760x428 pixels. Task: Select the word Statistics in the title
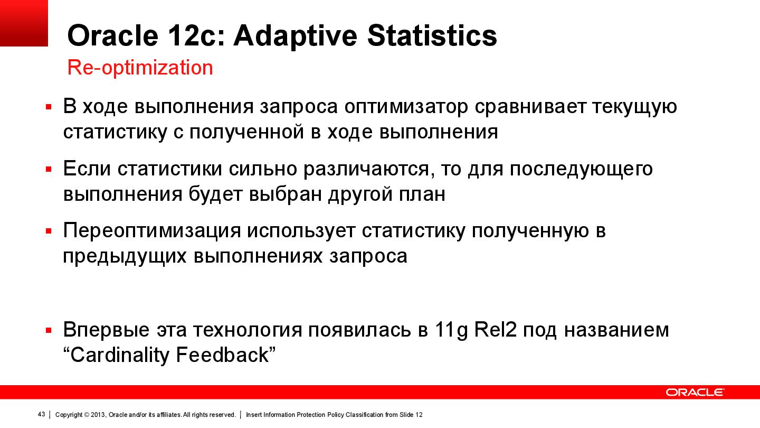(432, 36)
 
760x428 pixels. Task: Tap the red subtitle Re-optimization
(140, 68)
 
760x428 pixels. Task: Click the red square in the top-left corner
(24, 23)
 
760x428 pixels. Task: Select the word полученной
(246, 132)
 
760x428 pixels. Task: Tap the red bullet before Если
(49, 169)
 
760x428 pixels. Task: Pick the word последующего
(581, 169)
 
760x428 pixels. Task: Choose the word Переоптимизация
(152, 231)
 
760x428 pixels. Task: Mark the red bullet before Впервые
(49, 330)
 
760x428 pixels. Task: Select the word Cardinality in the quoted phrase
(119, 355)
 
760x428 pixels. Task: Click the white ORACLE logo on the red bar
(695, 392)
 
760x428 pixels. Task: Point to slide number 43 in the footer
(41, 414)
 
